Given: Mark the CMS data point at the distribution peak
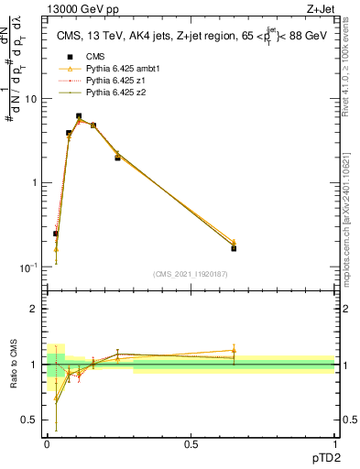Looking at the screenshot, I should pyautogui.click(x=79, y=116).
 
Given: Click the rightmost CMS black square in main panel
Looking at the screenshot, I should pyautogui.click(x=234, y=248).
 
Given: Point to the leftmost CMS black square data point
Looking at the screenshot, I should pyautogui.click(x=56, y=234).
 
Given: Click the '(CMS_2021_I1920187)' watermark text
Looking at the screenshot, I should pyautogui.click(x=191, y=274).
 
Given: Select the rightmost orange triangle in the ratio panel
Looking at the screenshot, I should pyautogui.click(x=234, y=351).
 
